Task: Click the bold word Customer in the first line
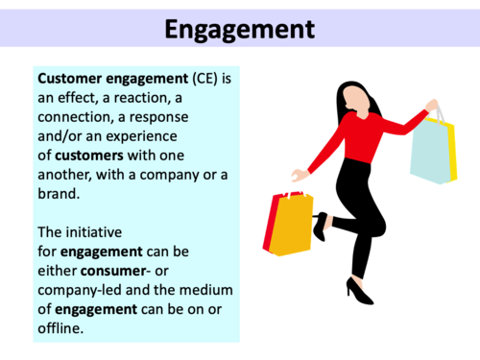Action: [70, 75]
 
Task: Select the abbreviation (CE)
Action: [201, 75]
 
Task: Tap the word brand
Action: [58, 190]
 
